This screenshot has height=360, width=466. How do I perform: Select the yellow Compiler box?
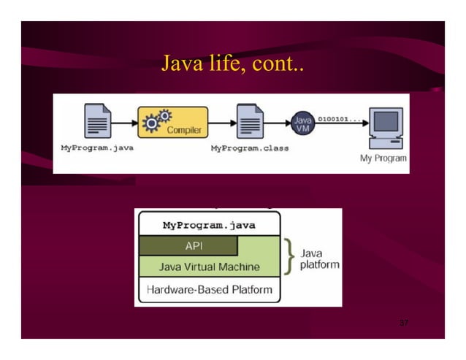point(173,122)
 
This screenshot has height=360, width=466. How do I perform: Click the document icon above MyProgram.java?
point(97,121)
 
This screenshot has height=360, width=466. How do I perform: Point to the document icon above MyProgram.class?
point(249,121)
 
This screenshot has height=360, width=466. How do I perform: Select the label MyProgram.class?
point(249,148)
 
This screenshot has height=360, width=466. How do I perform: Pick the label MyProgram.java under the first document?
point(96,148)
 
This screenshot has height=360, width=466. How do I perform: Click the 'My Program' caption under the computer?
point(383,158)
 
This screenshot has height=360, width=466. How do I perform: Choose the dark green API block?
point(188,245)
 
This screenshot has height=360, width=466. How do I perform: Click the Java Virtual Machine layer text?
point(209,267)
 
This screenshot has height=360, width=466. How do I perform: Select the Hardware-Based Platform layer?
point(209,290)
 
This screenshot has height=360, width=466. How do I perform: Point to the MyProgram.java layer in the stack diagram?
point(209,225)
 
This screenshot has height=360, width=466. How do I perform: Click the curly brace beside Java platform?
point(290,256)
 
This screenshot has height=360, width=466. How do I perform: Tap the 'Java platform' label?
point(319,258)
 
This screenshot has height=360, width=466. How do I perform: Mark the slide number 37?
point(403,322)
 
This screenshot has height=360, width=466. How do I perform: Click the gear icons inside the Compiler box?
point(156,121)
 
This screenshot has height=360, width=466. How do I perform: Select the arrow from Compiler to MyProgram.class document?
point(221,122)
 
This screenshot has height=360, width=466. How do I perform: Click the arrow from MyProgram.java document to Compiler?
point(124,122)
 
